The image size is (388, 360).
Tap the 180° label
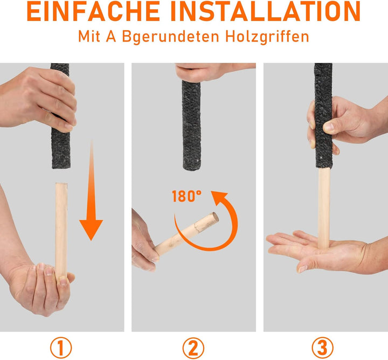186,196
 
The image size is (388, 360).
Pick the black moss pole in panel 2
192,124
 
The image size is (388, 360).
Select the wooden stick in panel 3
323,205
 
